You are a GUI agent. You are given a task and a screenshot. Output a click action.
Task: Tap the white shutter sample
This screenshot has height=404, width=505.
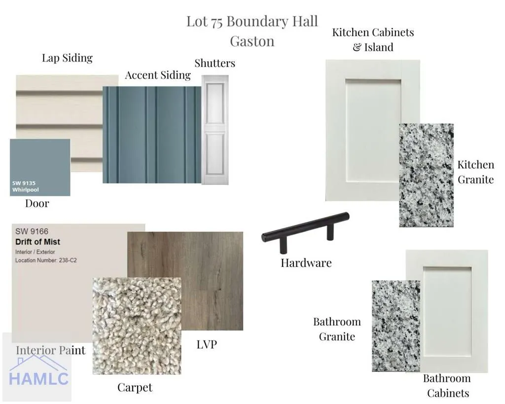click(x=215, y=130)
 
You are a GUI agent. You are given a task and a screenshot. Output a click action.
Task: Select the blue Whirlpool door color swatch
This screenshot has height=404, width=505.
click(x=40, y=168)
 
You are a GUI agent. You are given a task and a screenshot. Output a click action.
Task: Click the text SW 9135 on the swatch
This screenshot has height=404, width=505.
click(x=24, y=183)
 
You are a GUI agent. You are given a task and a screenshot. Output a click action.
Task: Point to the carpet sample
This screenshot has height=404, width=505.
click(x=137, y=326)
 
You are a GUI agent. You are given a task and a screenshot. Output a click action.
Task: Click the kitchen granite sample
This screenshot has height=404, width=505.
click(x=427, y=175)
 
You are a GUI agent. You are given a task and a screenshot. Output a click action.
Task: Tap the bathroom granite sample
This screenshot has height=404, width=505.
click(x=396, y=326)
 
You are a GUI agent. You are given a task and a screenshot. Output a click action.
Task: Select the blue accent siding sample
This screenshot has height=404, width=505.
click(x=152, y=135)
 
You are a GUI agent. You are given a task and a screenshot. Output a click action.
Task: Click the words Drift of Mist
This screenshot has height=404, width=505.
click(x=37, y=242)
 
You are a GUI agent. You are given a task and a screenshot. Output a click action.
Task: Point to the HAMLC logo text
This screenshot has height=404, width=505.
click(x=38, y=378)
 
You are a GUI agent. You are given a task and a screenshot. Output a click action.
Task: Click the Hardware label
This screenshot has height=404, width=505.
click(x=306, y=263)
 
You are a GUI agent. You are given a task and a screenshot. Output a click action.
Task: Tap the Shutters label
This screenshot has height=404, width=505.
click(x=215, y=63)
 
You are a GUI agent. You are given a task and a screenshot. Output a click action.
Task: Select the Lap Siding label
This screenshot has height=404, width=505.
click(x=67, y=58)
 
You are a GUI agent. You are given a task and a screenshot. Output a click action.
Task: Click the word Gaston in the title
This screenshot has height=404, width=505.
click(x=252, y=41)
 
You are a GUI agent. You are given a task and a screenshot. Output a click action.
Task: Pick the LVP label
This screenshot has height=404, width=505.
click(x=207, y=344)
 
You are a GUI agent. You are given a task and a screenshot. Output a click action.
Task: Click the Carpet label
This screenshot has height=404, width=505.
click(x=135, y=388)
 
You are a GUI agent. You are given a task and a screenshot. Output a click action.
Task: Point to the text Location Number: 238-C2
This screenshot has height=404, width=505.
click(x=46, y=260)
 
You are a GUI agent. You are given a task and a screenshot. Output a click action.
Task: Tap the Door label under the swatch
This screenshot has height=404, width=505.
click(x=37, y=204)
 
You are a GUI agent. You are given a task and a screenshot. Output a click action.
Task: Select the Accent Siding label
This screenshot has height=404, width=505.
click(x=158, y=75)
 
